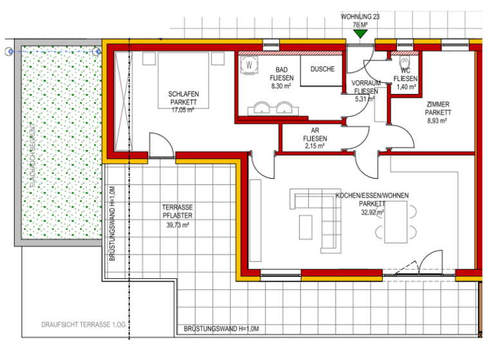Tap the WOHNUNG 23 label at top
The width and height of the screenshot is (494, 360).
[x=361, y=17]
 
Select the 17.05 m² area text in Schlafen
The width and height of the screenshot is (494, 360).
[x=183, y=110]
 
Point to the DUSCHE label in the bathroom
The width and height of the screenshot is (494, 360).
[x=322, y=69]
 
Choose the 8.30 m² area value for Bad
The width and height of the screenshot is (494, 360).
[x=281, y=85]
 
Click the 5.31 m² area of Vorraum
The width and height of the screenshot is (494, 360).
[x=365, y=99]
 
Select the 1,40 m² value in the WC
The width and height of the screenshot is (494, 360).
[x=405, y=86]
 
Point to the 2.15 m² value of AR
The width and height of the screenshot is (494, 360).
[x=315, y=146]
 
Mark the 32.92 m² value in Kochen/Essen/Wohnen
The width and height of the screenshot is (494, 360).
[x=371, y=212]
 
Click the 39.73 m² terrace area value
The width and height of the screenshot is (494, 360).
[x=178, y=225]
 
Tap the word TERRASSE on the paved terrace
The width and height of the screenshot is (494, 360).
[x=178, y=207]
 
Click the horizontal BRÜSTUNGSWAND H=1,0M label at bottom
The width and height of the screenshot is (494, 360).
[x=221, y=329]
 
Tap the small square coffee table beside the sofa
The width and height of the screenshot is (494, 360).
[x=306, y=226]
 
